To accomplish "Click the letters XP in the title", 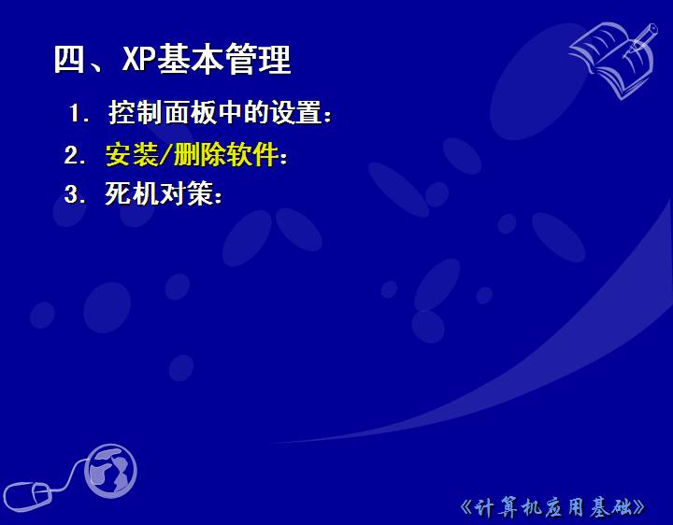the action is point(138,59).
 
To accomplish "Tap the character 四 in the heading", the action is point(69,59).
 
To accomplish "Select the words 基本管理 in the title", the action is point(223,59).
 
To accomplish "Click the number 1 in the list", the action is point(76,113).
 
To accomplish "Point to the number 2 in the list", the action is point(71,155).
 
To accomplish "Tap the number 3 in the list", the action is point(71,194).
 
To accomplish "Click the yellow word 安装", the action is point(132,154).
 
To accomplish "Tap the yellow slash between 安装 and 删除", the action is point(165,154).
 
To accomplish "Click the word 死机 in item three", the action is point(132,193).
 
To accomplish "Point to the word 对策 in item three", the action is point(186,193).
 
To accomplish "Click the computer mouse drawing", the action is point(28,496).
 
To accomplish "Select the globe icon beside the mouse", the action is point(110,471).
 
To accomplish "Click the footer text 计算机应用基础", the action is point(552,507).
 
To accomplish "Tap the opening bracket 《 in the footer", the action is point(466,507).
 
